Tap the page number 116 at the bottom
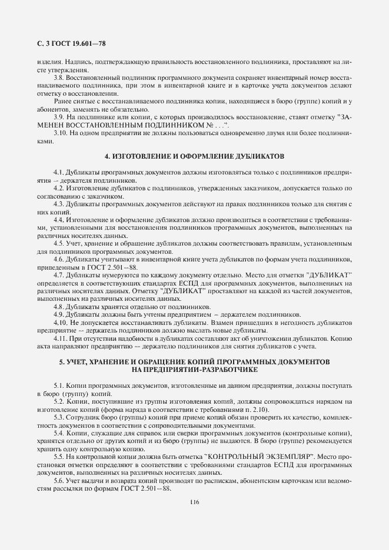point(195,501)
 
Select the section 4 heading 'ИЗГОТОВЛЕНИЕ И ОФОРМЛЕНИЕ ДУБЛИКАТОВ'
point(194,157)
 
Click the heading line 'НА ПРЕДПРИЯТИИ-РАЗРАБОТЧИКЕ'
point(194,369)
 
